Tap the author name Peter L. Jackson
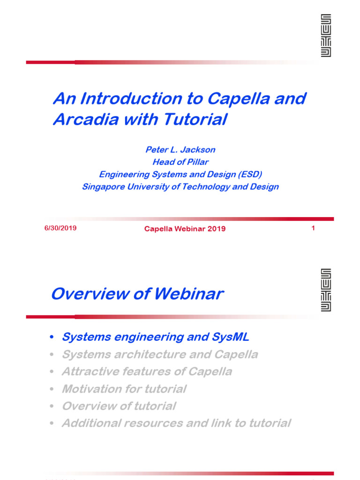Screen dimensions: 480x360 (180, 150)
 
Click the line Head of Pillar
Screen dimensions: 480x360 (180, 162)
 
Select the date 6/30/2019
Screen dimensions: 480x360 (60, 228)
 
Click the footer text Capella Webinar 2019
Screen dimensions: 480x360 (185, 229)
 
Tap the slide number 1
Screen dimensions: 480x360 (313, 228)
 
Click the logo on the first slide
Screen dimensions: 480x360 (326, 36)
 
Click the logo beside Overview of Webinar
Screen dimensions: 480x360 (326, 290)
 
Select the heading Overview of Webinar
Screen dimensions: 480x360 (137, 294)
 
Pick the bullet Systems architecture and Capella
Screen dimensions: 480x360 (160, 354)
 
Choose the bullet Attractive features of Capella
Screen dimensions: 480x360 (147, 372)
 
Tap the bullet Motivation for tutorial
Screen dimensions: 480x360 (124, 389)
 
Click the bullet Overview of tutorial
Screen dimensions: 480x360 (119, 406)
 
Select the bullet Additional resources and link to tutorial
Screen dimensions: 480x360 (176, 423)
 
